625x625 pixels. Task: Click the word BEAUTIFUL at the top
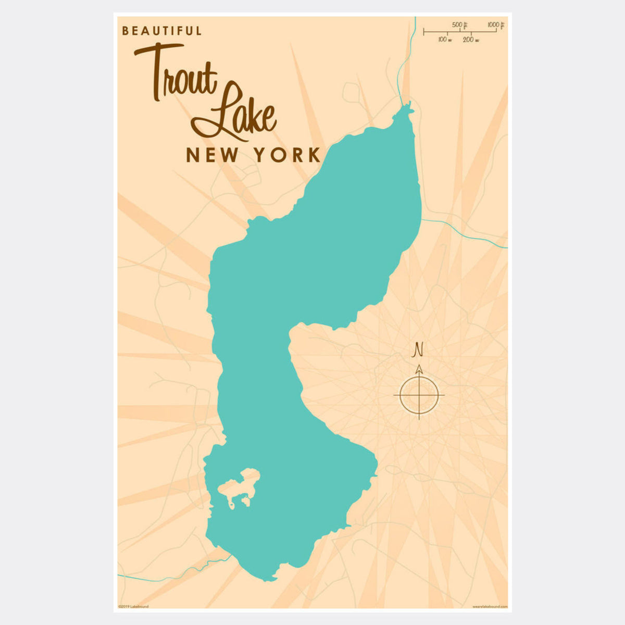click(161, 31)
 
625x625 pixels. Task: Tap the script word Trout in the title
click(177, 76)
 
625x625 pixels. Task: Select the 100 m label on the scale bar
click(444, 40)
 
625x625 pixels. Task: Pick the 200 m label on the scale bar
click(471, 40)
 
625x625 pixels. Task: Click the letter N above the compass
click(417, 350)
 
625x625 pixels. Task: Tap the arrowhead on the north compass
click(419, 369)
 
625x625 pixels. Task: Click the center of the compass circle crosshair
click(419, 395)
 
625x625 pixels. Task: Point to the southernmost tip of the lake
click(268, 579)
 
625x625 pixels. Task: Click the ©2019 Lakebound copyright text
click(133, 606)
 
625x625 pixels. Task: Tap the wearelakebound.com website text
click(489, 606)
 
